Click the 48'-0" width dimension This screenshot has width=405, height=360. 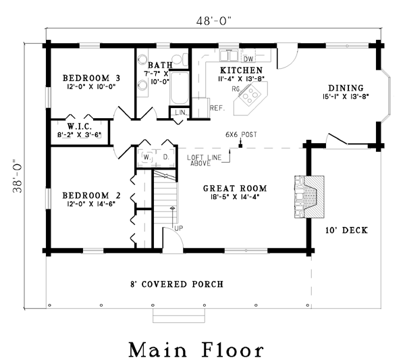(x=213, y=21)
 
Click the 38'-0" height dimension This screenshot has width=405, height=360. (x=18, y=176)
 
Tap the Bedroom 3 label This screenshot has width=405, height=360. (x=91, y=78)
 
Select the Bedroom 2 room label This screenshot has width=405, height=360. (x=91, y=195)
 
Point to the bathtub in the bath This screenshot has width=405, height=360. (x=180, y=88)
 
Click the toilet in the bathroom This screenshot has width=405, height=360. (x=180, y=59)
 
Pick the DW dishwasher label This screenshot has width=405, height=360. (x=248, y=59)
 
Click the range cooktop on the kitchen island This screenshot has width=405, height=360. (x=249, y=95)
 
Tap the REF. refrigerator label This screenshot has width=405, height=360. (x=217, y=108)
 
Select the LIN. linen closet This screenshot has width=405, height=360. (x=180, y=112)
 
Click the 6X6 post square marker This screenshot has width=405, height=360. (x=240, y=146)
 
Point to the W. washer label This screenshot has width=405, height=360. (x=147, y=157)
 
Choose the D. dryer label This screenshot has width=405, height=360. (x=166, y=157)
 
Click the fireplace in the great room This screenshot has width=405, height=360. (x=309, y=197)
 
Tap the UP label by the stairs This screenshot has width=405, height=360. (x=179, y=228)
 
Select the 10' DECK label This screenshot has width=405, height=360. (x=346, y=230)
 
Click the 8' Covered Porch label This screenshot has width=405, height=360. (x=177, y=284)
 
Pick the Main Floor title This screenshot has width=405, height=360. (x=196, y=349)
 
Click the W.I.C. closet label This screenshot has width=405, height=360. (x=80, y=126)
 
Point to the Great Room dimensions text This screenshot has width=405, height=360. (x=235, y=197)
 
